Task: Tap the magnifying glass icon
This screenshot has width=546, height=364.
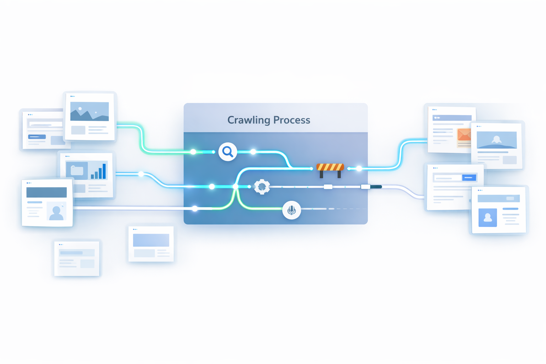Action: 227,152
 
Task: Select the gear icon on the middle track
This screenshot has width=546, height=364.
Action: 262,187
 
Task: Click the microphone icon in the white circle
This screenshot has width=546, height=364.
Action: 291,210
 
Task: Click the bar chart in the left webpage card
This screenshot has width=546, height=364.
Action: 99,171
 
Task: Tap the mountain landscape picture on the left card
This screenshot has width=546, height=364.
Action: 90,111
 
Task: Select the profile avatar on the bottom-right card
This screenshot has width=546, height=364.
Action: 488,217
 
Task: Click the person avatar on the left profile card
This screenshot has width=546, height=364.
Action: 56,212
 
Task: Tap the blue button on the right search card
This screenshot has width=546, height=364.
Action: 469,177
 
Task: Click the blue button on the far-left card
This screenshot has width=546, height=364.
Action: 37,137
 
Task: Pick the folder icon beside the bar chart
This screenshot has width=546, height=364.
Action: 77,171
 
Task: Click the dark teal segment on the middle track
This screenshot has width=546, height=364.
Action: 376,187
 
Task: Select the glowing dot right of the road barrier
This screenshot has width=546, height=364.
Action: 359,168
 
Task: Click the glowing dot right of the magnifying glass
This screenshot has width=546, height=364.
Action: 253,152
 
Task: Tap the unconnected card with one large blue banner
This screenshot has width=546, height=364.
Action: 151,244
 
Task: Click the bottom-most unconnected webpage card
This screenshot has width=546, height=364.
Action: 77,258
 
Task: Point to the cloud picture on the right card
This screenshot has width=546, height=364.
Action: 497,140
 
